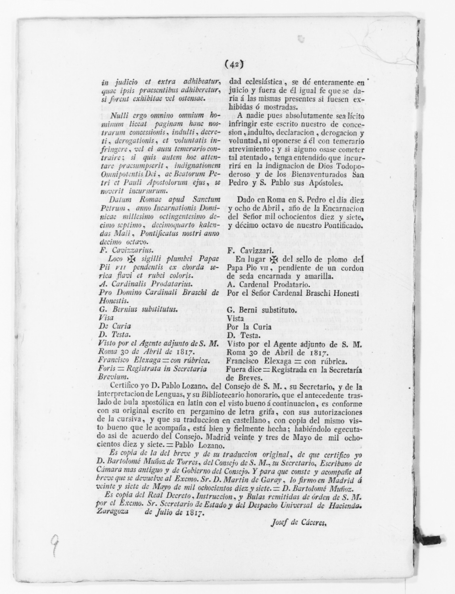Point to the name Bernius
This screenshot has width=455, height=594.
pyautogui.click(x=123, y=309)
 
